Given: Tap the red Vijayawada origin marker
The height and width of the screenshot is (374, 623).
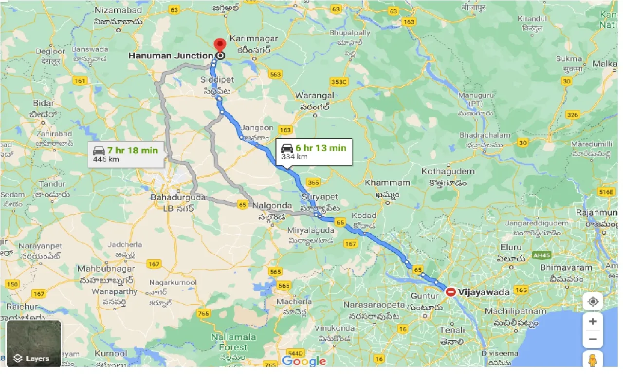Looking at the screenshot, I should [451, 292].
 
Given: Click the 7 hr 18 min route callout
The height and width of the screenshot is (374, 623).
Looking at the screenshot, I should [126, 154].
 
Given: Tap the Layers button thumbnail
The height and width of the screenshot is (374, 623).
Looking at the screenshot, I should [34, 343].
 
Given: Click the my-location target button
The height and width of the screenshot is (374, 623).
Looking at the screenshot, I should [593, 301].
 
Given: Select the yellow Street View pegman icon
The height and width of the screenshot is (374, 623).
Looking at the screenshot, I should [593, 359].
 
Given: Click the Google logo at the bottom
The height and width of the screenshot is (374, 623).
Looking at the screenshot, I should [304, 361].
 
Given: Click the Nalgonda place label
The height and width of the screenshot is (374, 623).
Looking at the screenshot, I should [272, 206].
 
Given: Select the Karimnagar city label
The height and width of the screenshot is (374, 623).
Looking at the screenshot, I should [254, 38].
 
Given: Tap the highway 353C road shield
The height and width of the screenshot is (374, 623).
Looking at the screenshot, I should [339, 81].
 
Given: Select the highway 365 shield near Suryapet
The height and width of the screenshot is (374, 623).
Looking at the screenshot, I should [314, 183].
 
